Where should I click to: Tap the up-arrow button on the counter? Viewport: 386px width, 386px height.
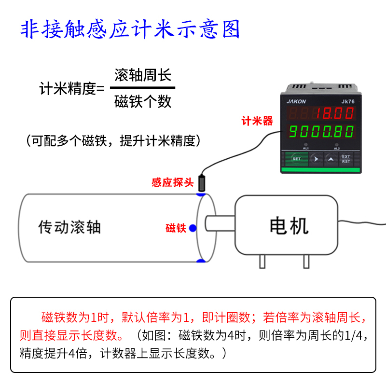click(x=331, y=158)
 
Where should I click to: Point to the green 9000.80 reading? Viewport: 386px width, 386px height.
click(x=322, y=131)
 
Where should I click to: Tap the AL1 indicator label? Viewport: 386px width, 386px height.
click(x=306, y=148)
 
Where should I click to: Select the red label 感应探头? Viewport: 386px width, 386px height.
click(x=172, y=183)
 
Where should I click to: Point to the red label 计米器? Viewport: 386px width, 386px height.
click(x=257, y=121)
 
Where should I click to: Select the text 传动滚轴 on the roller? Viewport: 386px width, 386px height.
click(x=69, y=227)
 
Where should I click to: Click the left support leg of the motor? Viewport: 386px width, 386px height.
click(x=262, y=261)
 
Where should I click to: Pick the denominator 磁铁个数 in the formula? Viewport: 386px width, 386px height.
click(x=143, y=101)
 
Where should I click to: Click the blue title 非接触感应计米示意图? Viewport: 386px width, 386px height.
click(x=130, y=30)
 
